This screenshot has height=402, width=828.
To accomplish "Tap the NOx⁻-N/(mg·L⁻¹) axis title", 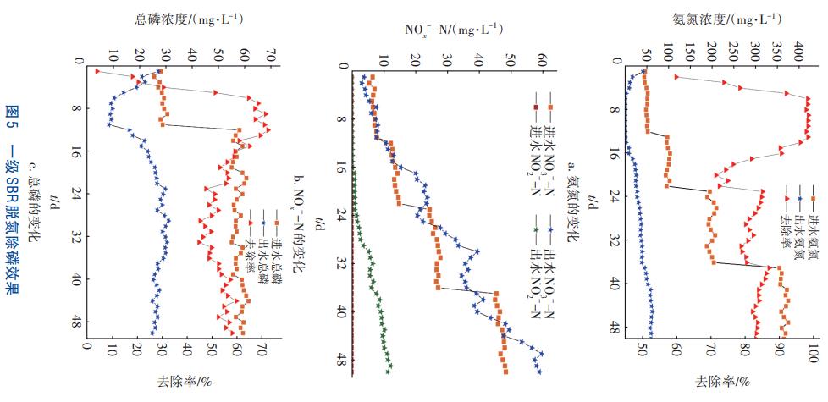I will [x=444, y=32].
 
